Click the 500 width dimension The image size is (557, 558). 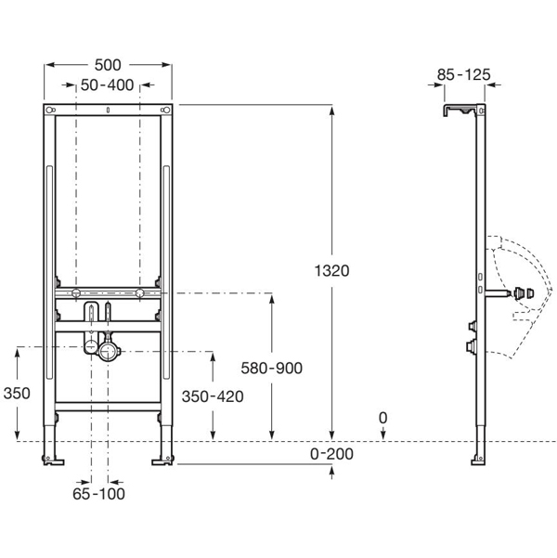tap(109, 64)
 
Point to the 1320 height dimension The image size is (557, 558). tap(331, 270)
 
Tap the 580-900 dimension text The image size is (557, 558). tap(271, 369)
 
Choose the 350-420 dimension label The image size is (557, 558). tap(213, 396)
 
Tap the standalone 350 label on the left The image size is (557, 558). tap(17, 394)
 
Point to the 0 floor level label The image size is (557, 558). tap(382, 420)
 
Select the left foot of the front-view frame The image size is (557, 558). tap(53, 457)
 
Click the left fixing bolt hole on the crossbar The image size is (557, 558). tap(77, 294)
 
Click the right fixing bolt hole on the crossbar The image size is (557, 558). tap(139, 294)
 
